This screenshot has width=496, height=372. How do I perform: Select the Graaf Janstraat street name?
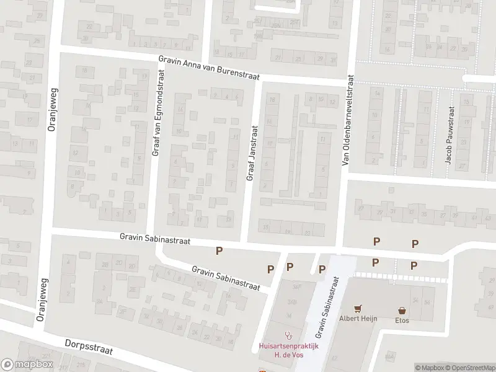tap(252, 153)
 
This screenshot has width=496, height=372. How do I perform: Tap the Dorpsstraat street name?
tap(89, 347)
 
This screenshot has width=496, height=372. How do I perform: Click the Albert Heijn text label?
tap(357, 319)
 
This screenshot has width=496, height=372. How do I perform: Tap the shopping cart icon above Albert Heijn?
tap(357, 309)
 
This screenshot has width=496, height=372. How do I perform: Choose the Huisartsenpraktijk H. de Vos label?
tap(288, 350)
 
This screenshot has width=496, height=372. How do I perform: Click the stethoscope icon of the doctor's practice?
tap(288, 335)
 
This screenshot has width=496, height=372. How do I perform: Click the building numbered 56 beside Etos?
tap(427, 301)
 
